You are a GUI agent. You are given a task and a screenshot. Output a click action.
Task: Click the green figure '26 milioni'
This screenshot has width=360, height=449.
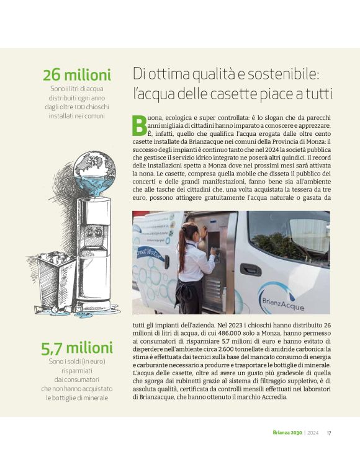[x=76, y=76]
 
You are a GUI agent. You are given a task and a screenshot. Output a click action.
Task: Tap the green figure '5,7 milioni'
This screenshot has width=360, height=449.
[x=76, y=349]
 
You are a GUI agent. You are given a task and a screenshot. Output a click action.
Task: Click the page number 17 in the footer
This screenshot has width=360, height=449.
[x=329, y=433]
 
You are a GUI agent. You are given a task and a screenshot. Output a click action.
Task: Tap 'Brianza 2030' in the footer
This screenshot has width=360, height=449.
[x=287, y=433]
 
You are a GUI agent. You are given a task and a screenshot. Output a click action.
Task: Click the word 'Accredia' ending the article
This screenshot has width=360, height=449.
[x=272, y=396]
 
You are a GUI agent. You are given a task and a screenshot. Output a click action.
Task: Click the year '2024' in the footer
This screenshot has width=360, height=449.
[x=312, y=433]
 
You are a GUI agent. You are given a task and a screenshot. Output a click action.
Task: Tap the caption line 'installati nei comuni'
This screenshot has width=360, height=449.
[x=76, y=115]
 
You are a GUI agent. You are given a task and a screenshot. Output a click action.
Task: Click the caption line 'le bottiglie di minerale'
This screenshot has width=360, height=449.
[x=76, y=398]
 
